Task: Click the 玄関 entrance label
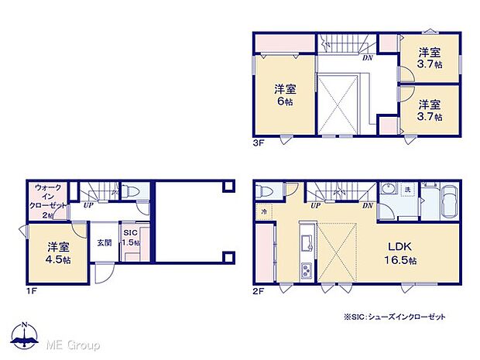(104, 242)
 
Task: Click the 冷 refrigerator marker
(264, 212)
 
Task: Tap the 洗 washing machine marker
(407, 190)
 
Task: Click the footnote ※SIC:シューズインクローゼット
(406, 317)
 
